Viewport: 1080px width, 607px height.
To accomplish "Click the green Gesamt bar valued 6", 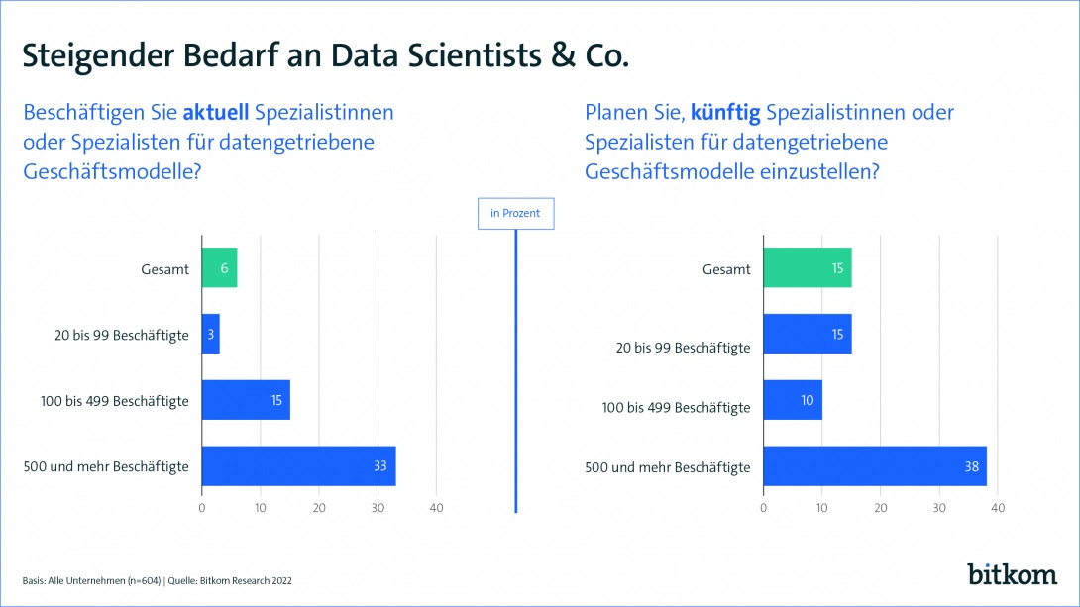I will pyautogui.click(x=219, y=268).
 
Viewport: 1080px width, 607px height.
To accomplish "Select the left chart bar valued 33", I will pyautogui.click(x=298, y=465).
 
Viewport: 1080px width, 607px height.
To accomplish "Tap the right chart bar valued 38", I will pyautogui.click(x=874, y=465).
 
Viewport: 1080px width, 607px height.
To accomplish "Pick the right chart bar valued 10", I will pyautogui.click(x=792, y=400).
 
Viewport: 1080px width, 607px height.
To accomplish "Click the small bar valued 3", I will pyautogui.click(x=210, y=334).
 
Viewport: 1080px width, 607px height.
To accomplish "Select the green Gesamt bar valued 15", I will pyautogui.click(x=807, y=268).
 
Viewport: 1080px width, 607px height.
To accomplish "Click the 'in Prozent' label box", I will pyautogui.click(x=515, y=213).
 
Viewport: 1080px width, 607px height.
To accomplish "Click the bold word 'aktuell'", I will pyautogui.click(x=217, y=113).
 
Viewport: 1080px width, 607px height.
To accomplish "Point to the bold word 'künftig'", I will pyautogui.click(x=725, y=113).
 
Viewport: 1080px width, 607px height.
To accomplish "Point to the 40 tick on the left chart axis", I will pyautogui.click(x=436, y=508).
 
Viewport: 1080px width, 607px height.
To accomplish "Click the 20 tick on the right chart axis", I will pyautogui.click(x=880, y=508).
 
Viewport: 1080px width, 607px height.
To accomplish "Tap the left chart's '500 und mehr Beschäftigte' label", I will pyautogui.click(x=106, y=466).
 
